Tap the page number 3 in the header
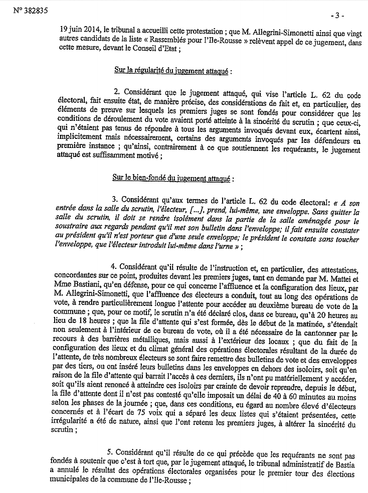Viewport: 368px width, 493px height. pos(339,16)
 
